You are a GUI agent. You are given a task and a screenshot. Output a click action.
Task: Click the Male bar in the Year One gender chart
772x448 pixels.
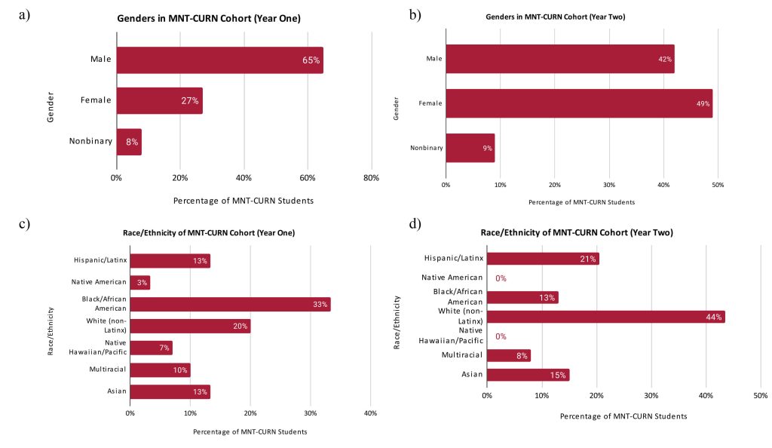[x=219, y=60]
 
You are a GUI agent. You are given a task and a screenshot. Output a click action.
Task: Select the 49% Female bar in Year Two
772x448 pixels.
[x=578, y=103]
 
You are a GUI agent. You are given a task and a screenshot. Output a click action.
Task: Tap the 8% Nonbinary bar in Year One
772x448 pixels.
[x=129, y=142]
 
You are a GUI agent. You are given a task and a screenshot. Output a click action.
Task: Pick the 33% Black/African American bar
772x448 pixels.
[x=230, y=305]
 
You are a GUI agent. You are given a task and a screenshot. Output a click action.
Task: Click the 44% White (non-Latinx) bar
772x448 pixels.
[x=605, y=317]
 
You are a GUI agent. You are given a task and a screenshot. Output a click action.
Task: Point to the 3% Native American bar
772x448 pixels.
[x=140, y=283]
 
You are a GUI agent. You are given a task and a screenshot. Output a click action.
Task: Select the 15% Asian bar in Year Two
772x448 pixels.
[x=528, y=375]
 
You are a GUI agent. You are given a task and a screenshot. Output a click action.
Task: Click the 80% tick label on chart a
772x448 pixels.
[x=371, y=178]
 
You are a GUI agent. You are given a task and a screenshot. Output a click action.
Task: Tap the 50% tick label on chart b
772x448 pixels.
[x=718, y=185]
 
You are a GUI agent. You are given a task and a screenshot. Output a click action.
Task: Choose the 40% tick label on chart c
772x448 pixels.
[x=370, y=413]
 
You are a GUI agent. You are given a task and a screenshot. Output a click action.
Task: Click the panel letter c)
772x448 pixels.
[x=24, y=224]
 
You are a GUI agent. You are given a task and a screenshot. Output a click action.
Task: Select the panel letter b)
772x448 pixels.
[x=415, y=15]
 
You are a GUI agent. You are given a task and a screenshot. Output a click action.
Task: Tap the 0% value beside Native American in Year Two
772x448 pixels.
[x=501, y=278]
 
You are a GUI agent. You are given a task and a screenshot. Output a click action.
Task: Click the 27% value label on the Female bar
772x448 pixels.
[x=189, y=100]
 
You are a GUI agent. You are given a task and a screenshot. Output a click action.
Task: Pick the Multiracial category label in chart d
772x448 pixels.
[x=461, y=355]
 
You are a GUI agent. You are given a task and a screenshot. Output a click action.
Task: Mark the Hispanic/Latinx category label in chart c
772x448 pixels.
[x=99, y=261]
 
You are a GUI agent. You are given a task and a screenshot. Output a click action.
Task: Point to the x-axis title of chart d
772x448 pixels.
[x=623, y=416]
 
